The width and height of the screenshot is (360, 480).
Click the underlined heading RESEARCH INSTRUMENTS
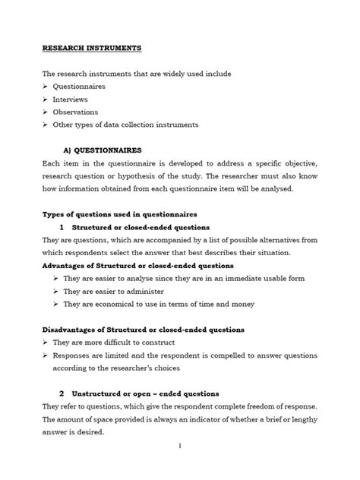pyautogui.click(x=90, y=48)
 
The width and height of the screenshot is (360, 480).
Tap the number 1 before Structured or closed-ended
pyautogui.click(x=60, y=227)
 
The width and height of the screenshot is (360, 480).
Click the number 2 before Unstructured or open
pyautogui.click(x=60, y=394)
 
